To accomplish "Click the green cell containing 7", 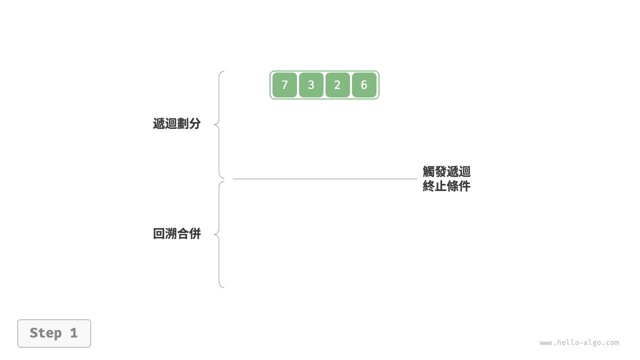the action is (x=284, y=85).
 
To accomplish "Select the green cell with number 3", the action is (x=311, y=85).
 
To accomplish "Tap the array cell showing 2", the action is (x=337, y=85).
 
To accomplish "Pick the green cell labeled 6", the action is (x=364, y=85).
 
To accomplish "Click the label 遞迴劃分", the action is (x=177, y=123).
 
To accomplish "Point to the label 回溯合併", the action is (x=177, y=233).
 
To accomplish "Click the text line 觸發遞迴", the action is (x=446, y=171).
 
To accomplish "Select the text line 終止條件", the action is (x=446, y=186).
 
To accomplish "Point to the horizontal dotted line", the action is (x=325, y=179).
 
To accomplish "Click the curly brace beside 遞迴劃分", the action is (x=219, y=124).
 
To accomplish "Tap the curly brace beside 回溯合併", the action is (x=219, y=234).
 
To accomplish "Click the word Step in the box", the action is (x=45, y=333).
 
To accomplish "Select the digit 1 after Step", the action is (x=74, y=333).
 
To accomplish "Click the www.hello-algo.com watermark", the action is (x=579, y=342).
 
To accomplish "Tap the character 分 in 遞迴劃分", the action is (x=195, y=123).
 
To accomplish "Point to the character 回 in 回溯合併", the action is (x=159, y=233).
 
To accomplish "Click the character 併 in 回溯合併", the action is (x=195, y=233).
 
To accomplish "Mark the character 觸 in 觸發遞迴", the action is (x=428, y=171).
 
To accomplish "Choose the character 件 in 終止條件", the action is (x=464, y=186).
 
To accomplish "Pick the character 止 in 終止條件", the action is (x=440, y=186).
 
